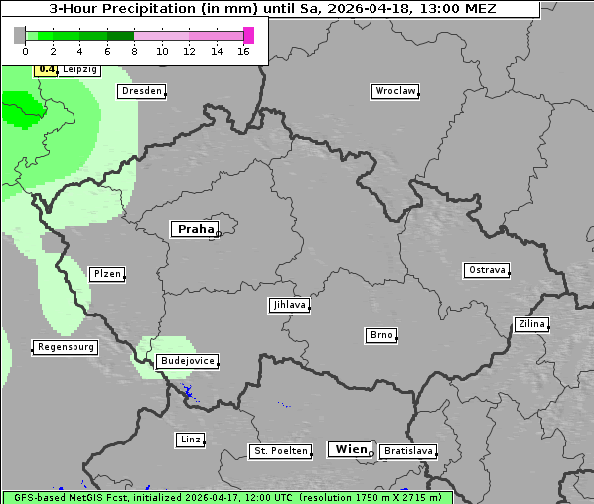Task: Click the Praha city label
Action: coord(195,229)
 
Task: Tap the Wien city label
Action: coord(351,449)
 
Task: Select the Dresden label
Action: coord(141,91)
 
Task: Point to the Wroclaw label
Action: coord(394,91)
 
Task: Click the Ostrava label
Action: coord(487,270)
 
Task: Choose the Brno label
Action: coord(381,335)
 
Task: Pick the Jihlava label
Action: coord(289,305)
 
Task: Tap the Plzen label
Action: coord(106,274)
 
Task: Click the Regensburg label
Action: coord(66,347)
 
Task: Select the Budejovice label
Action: coord(186,361)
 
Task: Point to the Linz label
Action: coord(190,439)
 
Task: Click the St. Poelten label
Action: coord(278,451)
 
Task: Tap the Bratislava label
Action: coord(408,451)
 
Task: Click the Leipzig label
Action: coord(79,70)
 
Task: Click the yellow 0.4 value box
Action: coord(46,69)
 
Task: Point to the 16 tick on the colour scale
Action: coord(243,51)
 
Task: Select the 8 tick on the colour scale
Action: coord(134,51)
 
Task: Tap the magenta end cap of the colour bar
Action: coord(248,35)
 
